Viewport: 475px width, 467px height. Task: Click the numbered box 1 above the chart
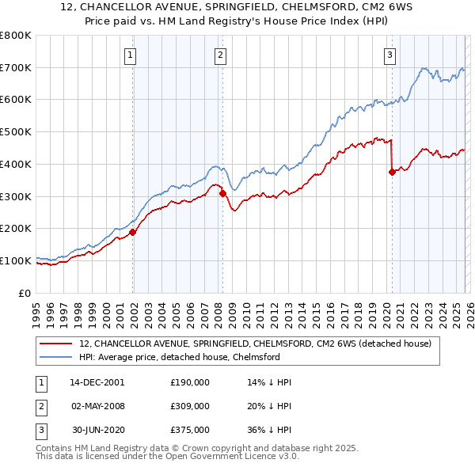click(x=130, y=55)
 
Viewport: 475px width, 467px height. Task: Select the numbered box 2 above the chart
click(x=219, y=55)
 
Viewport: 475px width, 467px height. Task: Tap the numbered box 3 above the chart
click(x=389, y=55)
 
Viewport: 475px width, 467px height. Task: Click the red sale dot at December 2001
click(x=133, y=232)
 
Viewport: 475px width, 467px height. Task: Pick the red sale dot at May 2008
click(x=222, y=193)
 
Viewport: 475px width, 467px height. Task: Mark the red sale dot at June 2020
click(x=392, y=172)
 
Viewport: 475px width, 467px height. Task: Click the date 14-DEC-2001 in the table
click(x=97, y=382)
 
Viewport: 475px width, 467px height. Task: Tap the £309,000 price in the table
click(x=189, y=406)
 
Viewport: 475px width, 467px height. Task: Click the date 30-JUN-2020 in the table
click(x=97, y=430)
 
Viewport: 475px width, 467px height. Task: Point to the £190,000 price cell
click(x=189, y=382)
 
